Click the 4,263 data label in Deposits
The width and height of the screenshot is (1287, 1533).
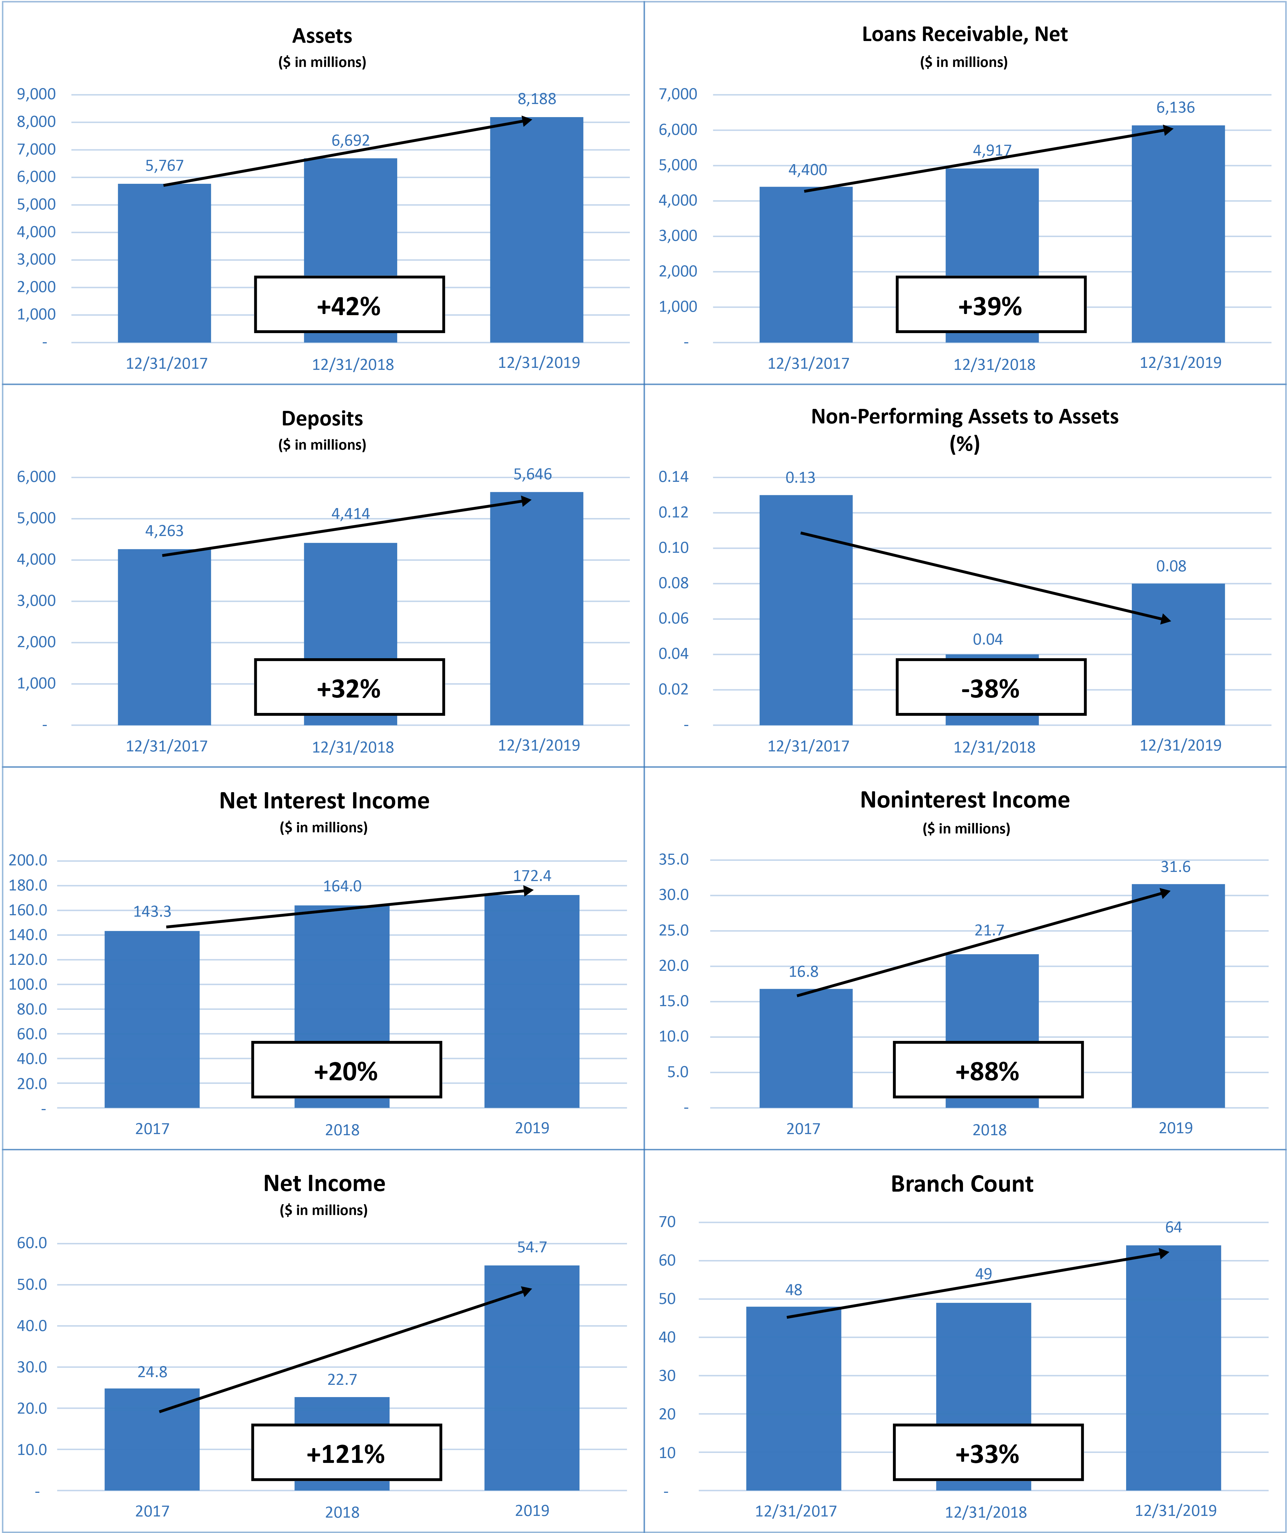click(164, 531)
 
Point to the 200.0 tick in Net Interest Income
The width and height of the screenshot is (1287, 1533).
click(28, 860)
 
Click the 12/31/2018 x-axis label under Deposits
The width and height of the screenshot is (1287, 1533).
click(353, 747)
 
